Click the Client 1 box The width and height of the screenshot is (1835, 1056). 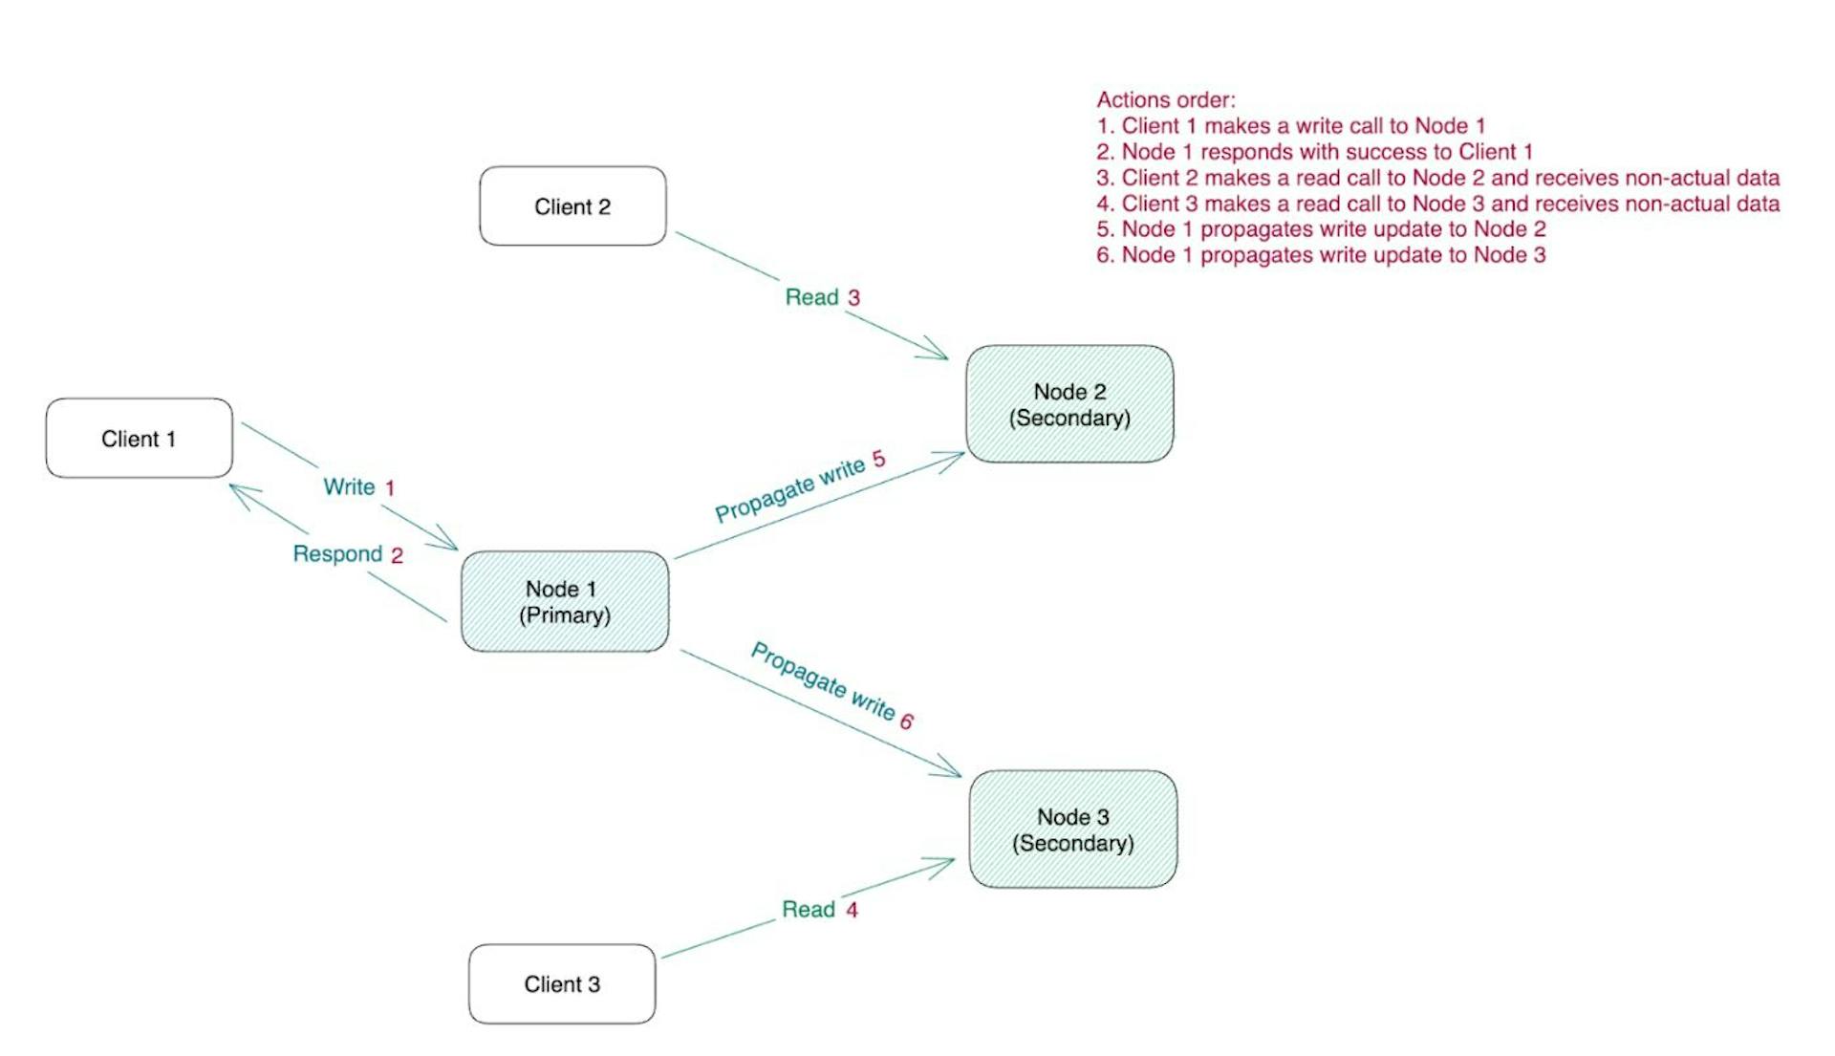pyautogui.click(x=140, y=439)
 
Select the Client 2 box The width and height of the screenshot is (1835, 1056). pyautogui.click(x=572, y=206)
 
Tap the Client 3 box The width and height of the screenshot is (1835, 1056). pyautogui.click(x=562, y=984)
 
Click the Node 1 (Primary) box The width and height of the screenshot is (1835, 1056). pyautogui.click(x=565, y=602)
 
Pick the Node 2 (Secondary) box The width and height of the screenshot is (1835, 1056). pyautogui.click(x=1069, y=404)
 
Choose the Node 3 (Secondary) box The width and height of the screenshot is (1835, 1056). pyautogui.click(x=1073, y=830)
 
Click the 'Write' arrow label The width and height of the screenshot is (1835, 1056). pyautogui.click(x=349, y=487)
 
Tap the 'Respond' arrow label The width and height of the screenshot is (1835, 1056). pyautogui.click(x=337, y=554)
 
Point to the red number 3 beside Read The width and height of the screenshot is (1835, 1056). pyautogui.click(x=854, y=298)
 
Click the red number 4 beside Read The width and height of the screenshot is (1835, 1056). pyautogui.click(x=852, y=911)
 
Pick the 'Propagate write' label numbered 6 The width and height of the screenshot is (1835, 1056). pyautogui.click(x=824, y=682)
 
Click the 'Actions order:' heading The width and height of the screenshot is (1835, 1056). pyautogui.click(x=1165, y=100)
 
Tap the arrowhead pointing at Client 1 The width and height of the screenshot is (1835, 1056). pyautogui.click(x=239, y=491)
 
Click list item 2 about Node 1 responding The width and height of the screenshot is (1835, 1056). pyautogui.click(x=1314, y=152)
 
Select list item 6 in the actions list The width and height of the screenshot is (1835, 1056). pyautogui.click(x=1321, y=255)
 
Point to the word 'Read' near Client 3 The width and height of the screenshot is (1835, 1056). pyautogui.click(x=809, y=910)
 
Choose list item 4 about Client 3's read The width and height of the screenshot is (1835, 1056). pyautogui.click(x=1437, y=204)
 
